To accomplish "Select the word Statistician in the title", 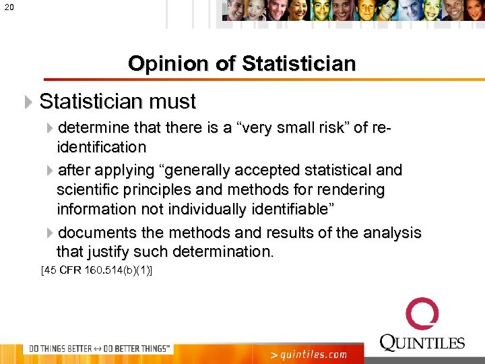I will click(x=298, y=64).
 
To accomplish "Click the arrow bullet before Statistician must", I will click(x=28, y=102).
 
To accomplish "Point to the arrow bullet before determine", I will click(x=51, y=128).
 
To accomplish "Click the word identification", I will click(x=101, y=147).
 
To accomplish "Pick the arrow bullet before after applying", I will click(x=51, y=170).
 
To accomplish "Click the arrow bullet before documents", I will click(x=51, y=233).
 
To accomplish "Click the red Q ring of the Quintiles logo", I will click(x=422, y=315).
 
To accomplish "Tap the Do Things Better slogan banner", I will click(x=98, y=348).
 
